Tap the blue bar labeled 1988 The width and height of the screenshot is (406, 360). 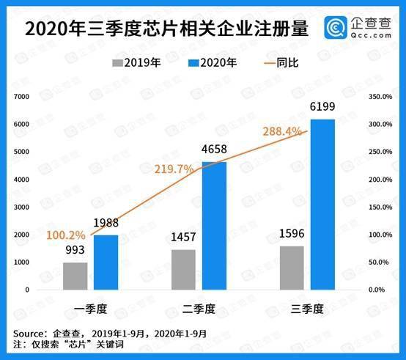click(x=106, y=262)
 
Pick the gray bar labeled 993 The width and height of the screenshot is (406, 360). click(x=75, y=276)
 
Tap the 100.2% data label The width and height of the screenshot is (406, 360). click(x=66, y=235)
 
